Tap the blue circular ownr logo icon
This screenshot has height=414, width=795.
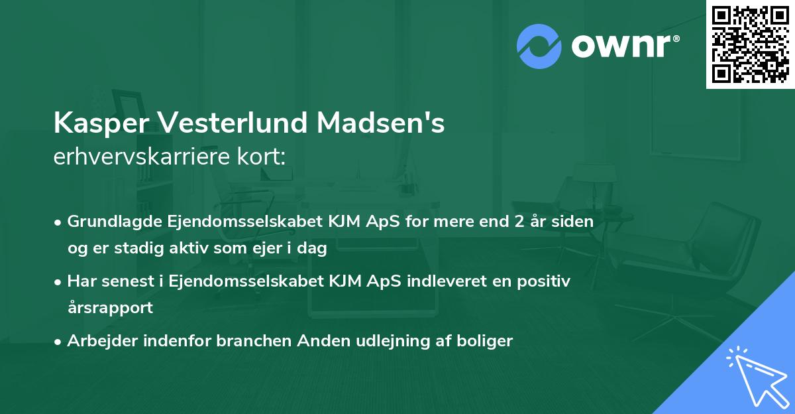[x=539, y=46]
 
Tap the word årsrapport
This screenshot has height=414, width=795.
[x=110, y=308]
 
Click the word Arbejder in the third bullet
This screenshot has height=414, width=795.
[x=97, y=341]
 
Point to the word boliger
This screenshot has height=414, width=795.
[x=486, y=341]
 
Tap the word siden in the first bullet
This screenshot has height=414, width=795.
[x=574, y=222]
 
